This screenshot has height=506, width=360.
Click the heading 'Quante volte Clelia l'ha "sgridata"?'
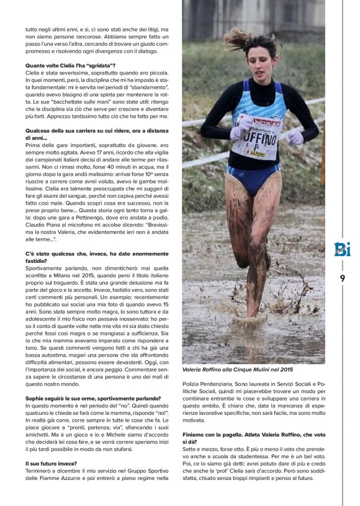click(x=70, y=66)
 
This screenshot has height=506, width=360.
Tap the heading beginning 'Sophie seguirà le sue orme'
click(x=93, y=398)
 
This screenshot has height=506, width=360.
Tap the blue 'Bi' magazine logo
click(x=342, y=251)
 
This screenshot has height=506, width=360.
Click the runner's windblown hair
click(x=245, y=38)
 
